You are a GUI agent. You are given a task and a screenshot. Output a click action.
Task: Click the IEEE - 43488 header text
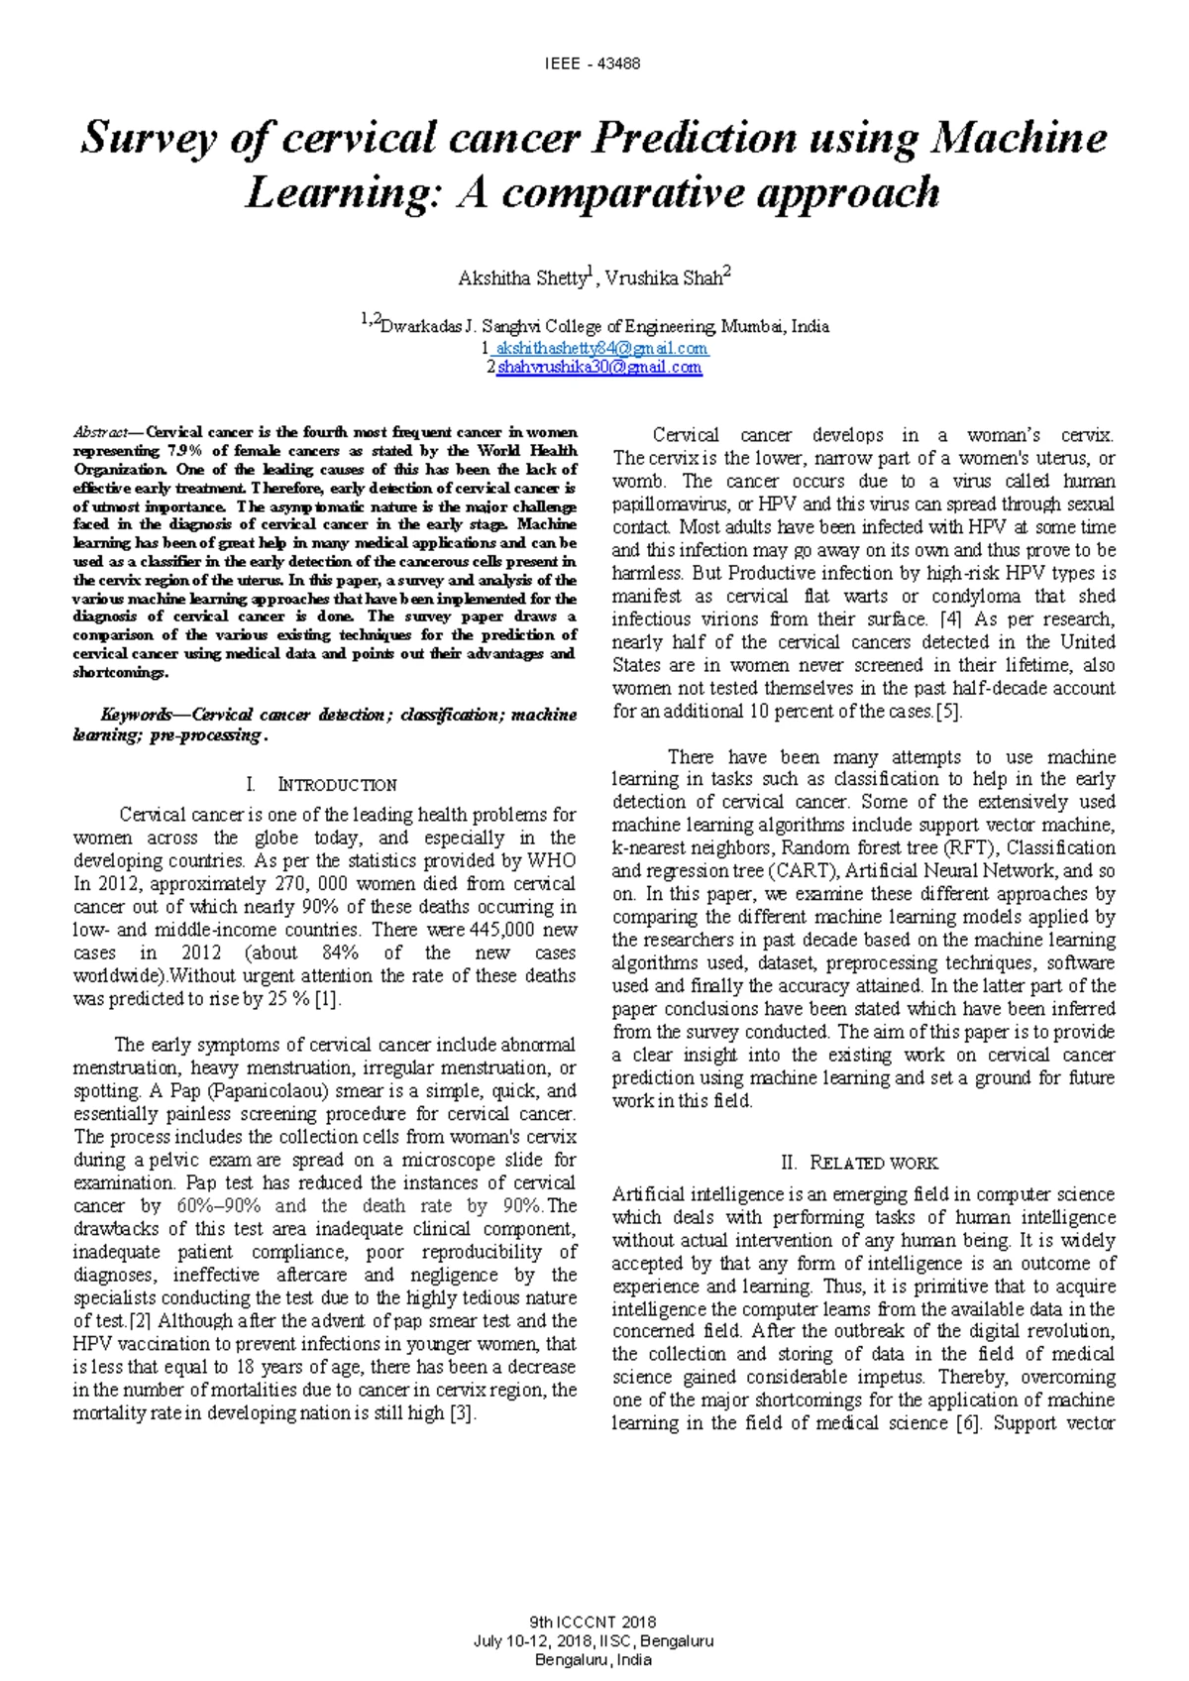[593, 64]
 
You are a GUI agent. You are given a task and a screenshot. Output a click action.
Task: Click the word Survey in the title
[146, 138]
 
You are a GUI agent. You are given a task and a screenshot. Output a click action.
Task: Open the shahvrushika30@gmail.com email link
[598, 368]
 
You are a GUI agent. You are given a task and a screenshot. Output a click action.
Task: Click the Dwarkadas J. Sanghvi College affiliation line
[594, 326]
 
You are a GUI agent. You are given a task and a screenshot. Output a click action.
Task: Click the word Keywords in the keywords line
[138, 715]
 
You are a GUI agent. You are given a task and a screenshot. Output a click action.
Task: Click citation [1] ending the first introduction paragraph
[327, 999]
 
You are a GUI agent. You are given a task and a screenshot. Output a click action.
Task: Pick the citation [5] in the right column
[949, 712]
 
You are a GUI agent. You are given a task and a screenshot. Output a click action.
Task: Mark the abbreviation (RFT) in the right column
[971, 848]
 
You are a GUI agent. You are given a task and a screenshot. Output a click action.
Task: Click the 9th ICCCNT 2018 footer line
[594, 1623]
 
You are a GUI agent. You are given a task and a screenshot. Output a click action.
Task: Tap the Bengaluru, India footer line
[594, 1660]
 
